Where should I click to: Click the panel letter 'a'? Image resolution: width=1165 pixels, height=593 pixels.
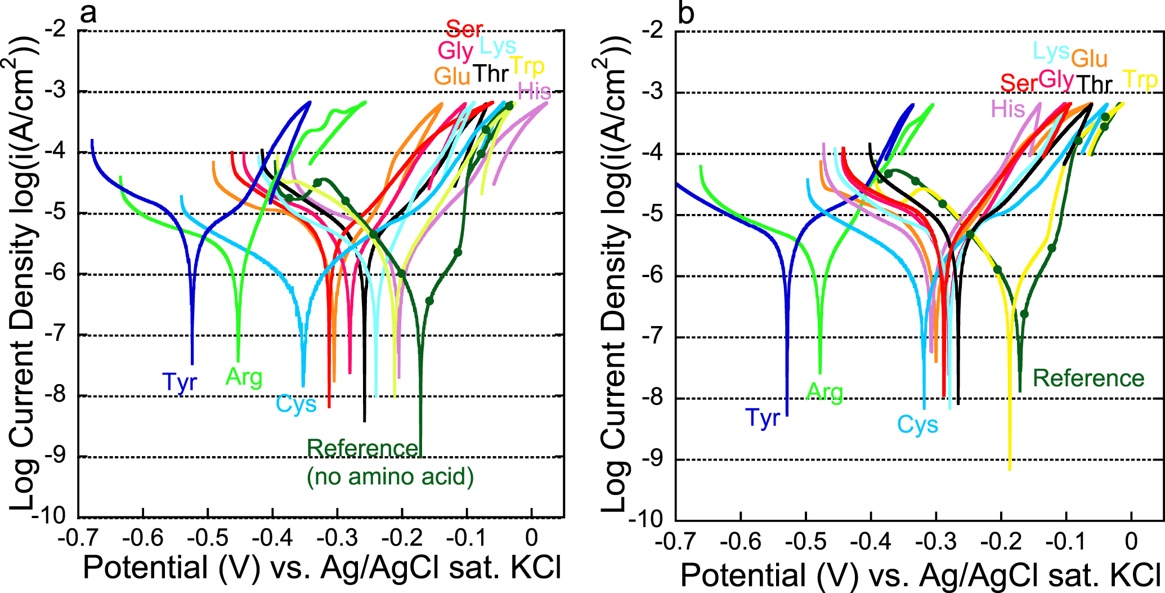click(88, 12)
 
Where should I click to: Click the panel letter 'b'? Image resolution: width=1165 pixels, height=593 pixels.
click(685, 12)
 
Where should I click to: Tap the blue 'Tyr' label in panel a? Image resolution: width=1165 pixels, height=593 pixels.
click(180, 382)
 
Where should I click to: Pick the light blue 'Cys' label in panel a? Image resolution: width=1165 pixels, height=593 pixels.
click(296, 404)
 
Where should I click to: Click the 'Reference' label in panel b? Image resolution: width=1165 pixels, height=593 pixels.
click(1088, 378)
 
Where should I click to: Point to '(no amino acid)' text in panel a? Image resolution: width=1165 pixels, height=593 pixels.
click(390, 476)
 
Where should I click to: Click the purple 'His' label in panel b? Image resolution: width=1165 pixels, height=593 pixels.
click(1007, 109)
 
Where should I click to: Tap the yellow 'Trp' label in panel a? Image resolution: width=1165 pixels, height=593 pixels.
click(527, 66)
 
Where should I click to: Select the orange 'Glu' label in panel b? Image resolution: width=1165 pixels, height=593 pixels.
click(1089, 59)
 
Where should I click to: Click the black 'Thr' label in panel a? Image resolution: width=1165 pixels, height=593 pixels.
click(491, 74)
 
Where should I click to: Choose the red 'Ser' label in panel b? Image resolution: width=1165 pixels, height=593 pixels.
click(1018, 83)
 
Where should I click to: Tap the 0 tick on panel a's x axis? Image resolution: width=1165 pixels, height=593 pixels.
click(531, 538)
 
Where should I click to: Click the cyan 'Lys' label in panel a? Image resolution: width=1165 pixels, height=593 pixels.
click(498, 47)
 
